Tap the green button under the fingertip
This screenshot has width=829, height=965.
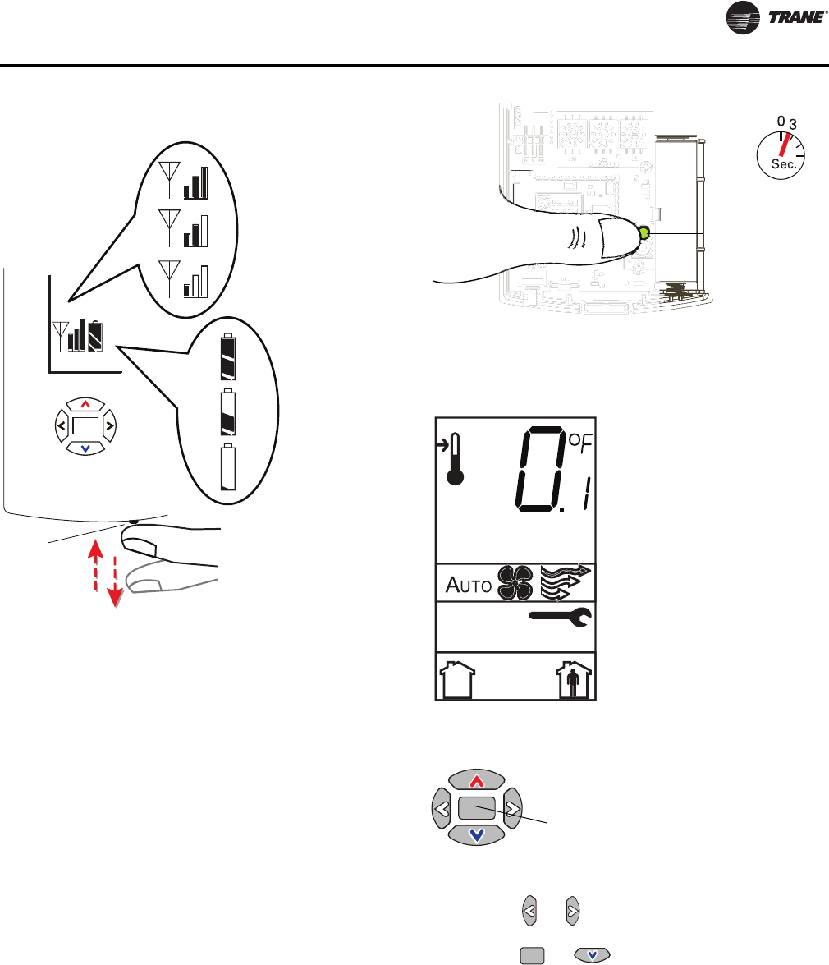click(x=643, y=233)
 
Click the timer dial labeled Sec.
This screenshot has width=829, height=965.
click(x=780, y=149)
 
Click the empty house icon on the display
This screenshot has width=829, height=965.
click(x=457, y=679)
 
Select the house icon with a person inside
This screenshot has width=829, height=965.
click(x=573, y=679)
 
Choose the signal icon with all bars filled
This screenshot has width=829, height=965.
click(x=188, y=183)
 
